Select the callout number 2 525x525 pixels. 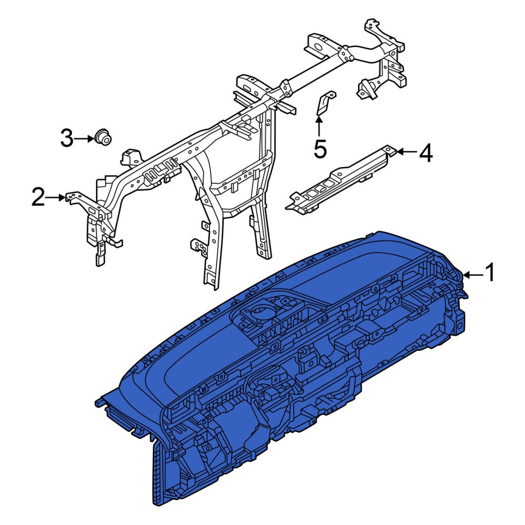coord(38,197)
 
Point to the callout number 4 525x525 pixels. coord(426,153)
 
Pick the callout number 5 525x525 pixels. coord(320,149)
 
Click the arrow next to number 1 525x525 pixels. coord(473,275)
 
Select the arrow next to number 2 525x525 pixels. coord(55,197)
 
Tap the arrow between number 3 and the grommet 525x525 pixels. coord(83,138)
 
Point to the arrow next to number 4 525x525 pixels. coord(407,152)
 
